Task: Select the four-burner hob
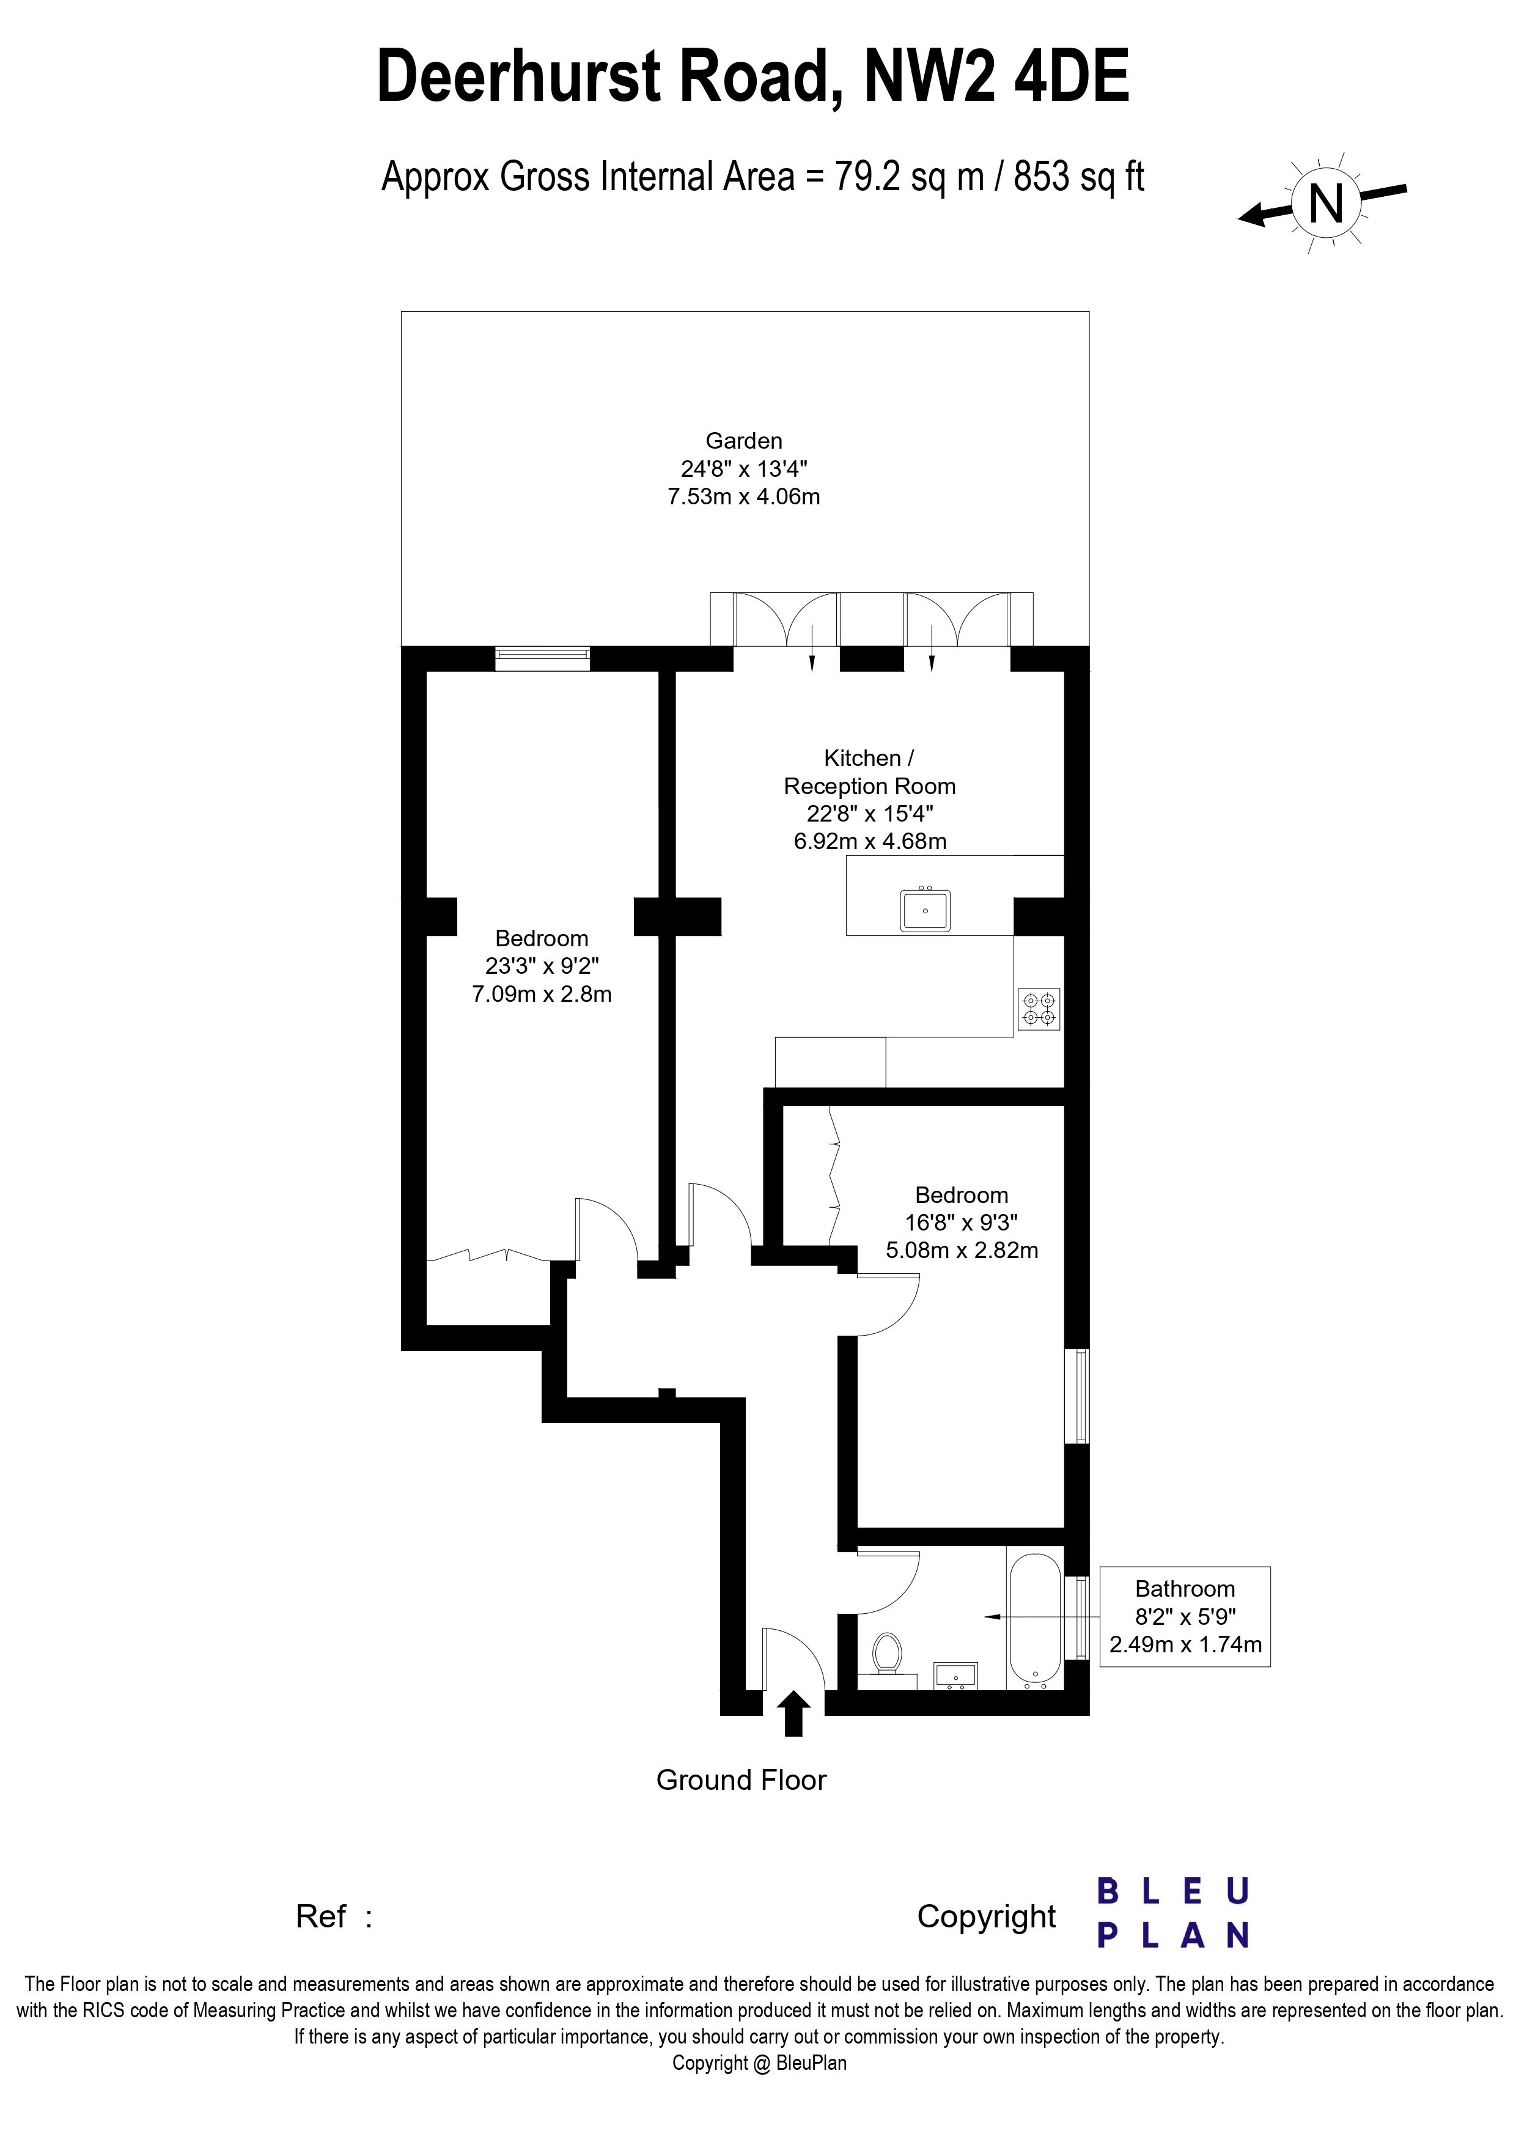(x=1039, y=1009)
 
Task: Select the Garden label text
(x=743, y=441)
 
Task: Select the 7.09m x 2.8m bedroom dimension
(x=542, y=994)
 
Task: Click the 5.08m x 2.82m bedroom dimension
(x=962, y=1250)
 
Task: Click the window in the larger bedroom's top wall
(x=543, y=658)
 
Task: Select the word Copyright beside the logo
(x=987, y=1916)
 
